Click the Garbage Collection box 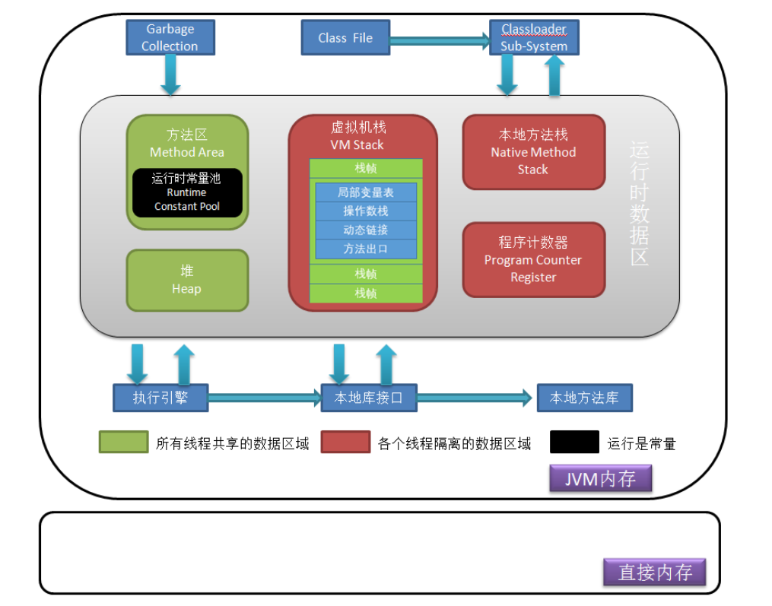170,38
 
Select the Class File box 345,38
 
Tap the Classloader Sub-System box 533,38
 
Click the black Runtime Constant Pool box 187,192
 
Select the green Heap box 187,281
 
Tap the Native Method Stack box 533,152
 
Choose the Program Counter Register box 533,259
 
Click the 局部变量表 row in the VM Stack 366,192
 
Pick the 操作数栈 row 366,211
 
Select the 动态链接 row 366,230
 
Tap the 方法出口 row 366,249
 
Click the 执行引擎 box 160,398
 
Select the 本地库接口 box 368,398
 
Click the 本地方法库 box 584,398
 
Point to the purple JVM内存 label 600,479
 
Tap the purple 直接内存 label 654,572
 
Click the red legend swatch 345,443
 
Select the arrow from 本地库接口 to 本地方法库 474,396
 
